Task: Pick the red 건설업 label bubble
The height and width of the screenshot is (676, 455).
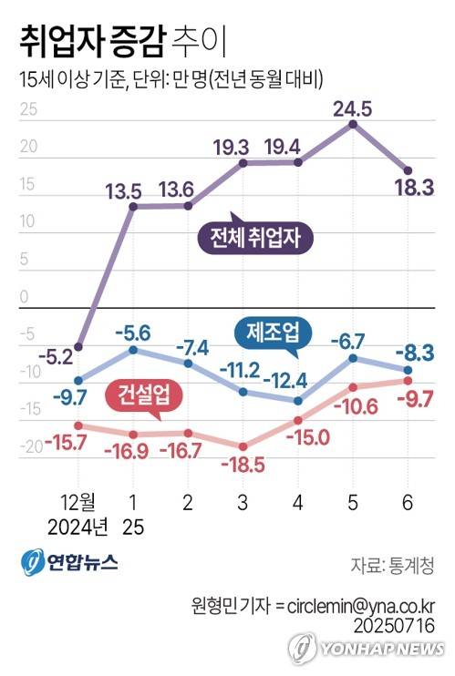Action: (x=144, y=394)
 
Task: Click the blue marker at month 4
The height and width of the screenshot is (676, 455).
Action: (x=298, y=400)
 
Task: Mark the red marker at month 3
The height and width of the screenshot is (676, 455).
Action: (x=243, y=446)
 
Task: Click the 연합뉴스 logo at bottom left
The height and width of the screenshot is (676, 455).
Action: (x=70, y=562)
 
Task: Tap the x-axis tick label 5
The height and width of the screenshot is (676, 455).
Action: (x=353, y=502)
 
